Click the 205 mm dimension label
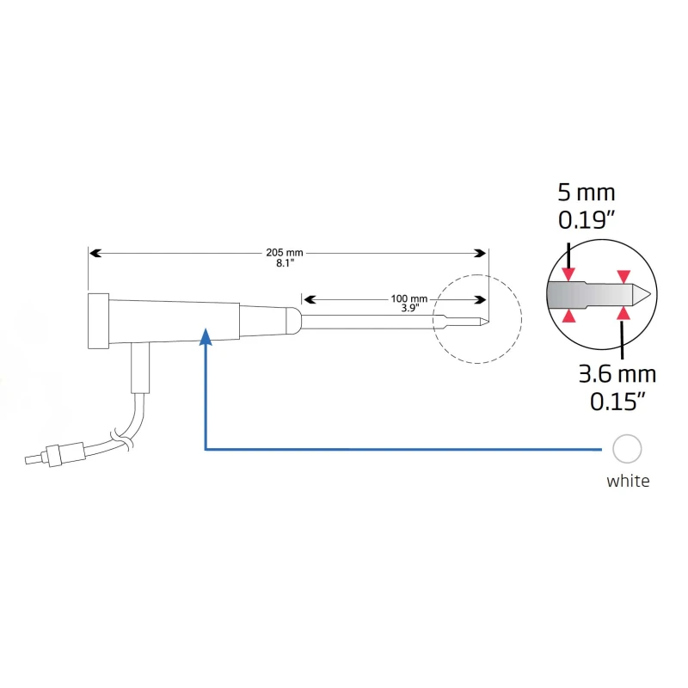click(x=284, y=253)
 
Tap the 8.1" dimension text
click(x=284, y=264)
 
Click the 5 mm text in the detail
click(x=587, y=193)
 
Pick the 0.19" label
click(x=587, y=220)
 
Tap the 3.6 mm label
click(x=617, y=374)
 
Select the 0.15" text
click(x=617, y=401)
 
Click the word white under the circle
click(x=628, y=482)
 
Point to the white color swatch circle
click(x=627, y=448)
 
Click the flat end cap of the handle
click(x=97, y=321)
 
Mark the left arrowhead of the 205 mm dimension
click(x=95, y=253)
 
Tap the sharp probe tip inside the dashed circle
click(x=485, y=323)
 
